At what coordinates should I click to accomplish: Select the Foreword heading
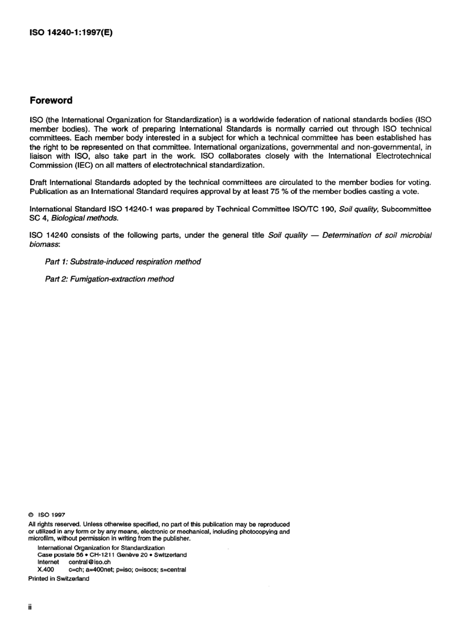[x=51, y=100]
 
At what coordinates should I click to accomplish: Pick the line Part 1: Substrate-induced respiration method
[x=123, y=262]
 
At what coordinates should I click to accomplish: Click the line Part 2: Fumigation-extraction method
[x=109, y=279]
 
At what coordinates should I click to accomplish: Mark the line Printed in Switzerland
[x=59, y=579]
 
